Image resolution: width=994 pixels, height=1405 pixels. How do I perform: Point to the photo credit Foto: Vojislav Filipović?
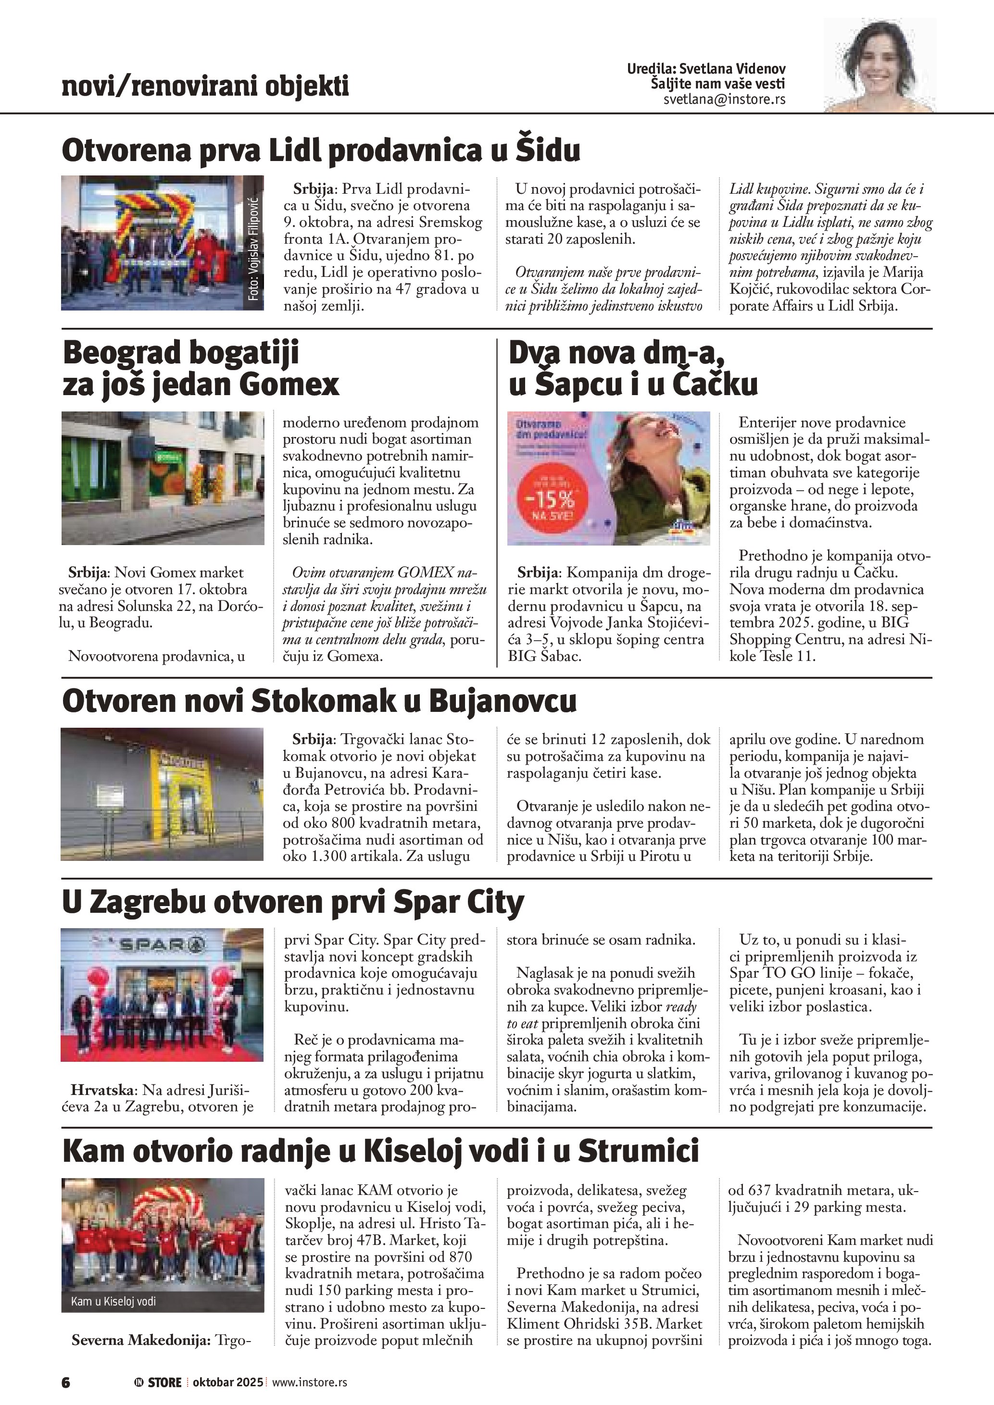(x=254, y=249)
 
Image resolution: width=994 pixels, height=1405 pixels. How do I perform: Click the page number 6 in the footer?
(x=66, y=1382)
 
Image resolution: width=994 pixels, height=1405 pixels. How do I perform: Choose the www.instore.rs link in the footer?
(x=309, y=1382)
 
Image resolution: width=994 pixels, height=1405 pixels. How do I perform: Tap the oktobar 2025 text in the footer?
(x=227, y=1382)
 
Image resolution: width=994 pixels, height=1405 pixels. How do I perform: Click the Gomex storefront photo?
(x=163, y=478)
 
